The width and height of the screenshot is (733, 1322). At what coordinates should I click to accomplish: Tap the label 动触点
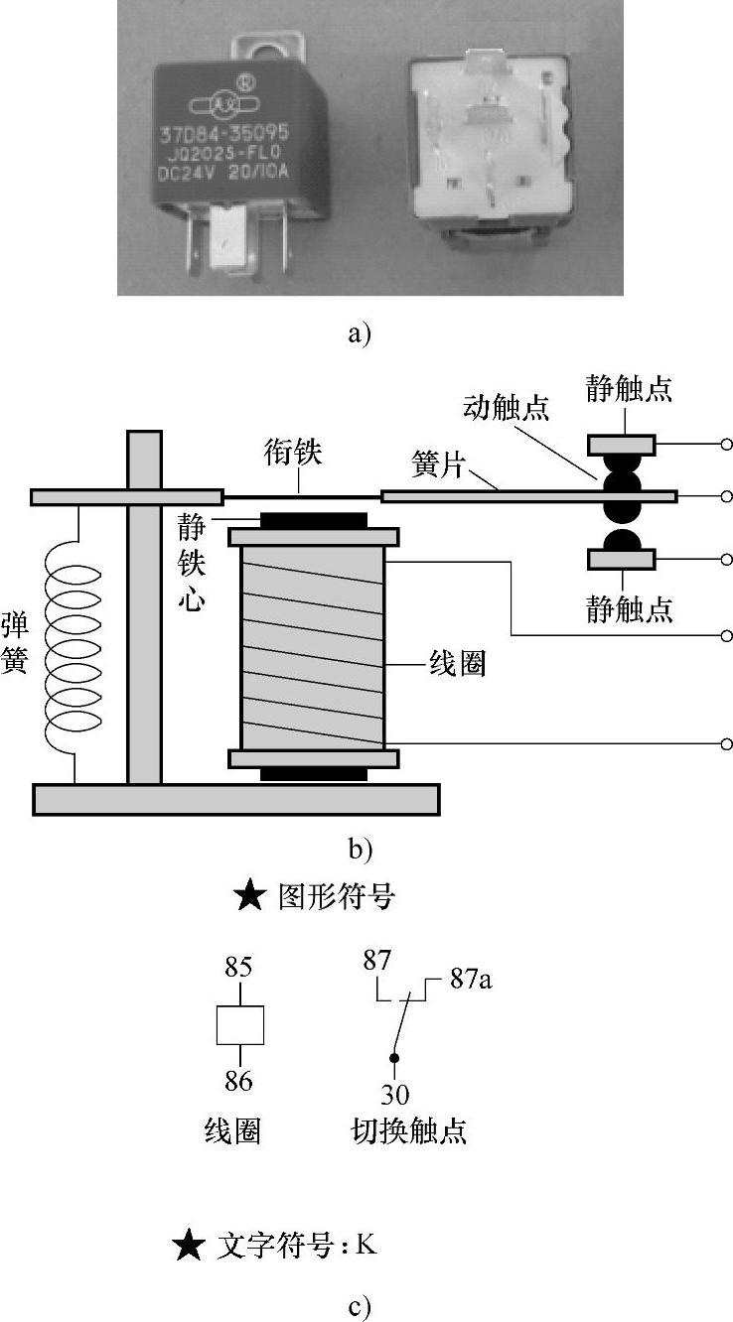506,408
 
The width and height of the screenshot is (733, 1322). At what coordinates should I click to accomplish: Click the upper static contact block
621,443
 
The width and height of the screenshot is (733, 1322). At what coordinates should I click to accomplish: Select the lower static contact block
621,561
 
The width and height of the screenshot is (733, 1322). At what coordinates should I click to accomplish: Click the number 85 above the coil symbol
239,968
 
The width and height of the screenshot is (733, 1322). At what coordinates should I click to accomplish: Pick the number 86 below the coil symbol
239,1081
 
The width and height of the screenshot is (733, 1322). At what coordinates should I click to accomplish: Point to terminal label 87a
471,981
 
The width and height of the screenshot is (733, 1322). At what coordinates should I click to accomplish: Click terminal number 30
395,1094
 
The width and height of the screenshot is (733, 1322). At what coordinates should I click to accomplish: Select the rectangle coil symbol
240,1025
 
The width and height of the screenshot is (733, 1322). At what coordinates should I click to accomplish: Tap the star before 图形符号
249,898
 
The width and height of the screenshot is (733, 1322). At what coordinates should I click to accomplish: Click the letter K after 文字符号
366,1244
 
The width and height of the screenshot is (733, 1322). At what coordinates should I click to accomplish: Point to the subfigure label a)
360,333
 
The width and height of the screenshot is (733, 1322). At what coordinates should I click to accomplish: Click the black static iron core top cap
313,520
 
